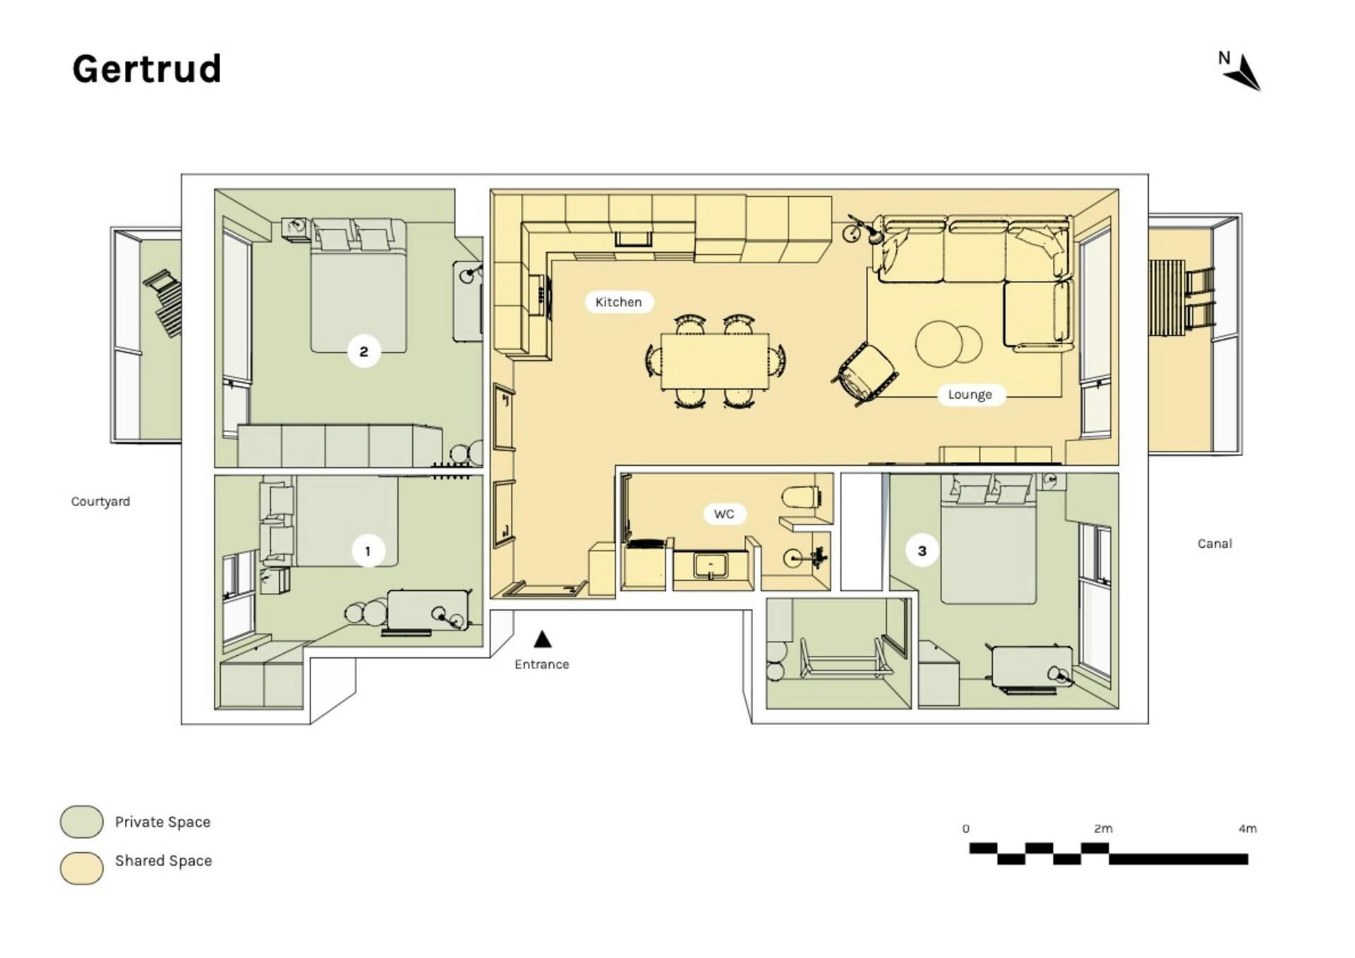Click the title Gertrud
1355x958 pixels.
(x=147, y=69)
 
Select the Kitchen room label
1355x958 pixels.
(x=618, y=302)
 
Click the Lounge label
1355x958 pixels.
(x=970, y=395)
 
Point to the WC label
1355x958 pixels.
(x=724, y=514)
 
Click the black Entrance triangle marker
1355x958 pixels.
(x=542, y=639)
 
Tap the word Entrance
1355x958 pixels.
(x=542, y=664)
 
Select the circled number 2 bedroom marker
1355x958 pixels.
(x=364, y=352)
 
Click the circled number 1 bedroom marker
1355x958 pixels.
(x=368, y=551)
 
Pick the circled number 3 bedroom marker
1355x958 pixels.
(x=922, y=551)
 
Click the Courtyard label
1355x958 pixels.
(x=100, y=502)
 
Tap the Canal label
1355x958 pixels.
(x=1215, y=544)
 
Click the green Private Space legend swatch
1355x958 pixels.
(x=82, y=822)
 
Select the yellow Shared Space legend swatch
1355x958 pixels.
(x=82, y=868)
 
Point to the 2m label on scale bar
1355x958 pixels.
(x=1103, y=829)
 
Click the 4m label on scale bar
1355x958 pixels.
(x=1247, y=829)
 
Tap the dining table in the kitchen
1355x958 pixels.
(x=715, y=361)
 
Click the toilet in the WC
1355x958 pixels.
(x=801, y=497)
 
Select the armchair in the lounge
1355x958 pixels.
(x=867, y=373)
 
